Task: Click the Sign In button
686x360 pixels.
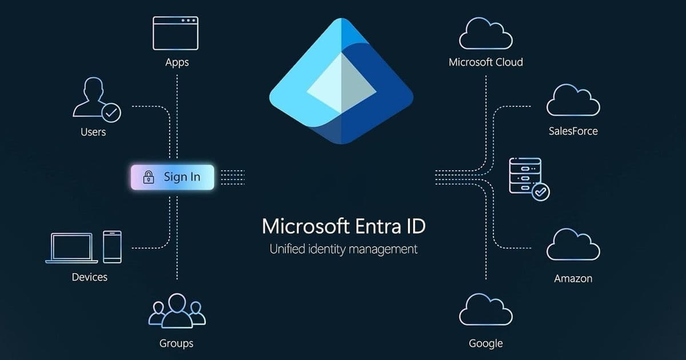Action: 172,177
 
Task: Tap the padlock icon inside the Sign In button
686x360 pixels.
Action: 148,177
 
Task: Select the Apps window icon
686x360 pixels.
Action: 176,33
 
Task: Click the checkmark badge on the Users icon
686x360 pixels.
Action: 111,113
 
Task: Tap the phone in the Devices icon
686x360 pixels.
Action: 112,247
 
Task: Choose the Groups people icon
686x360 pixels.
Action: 177,311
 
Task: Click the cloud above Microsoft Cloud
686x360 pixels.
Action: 485,34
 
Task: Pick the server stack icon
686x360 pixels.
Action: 525,175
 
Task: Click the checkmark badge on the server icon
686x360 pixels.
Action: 540,191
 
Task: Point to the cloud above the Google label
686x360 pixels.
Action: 485,310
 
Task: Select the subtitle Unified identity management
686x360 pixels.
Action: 343,249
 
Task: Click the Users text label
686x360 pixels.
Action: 93,132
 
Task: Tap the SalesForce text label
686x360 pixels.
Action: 573,131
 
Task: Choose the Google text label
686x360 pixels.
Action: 485,343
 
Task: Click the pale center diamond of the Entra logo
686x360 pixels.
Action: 341,83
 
